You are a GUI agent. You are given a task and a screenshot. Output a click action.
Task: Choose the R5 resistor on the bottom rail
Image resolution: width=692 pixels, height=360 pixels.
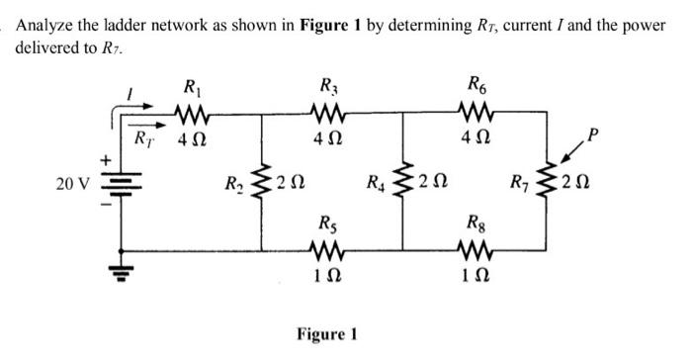pyautogui.click(x=327, y=247)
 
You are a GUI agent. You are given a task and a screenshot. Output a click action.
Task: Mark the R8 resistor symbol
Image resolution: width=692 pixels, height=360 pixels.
pyautogui.click(x=476, y=247)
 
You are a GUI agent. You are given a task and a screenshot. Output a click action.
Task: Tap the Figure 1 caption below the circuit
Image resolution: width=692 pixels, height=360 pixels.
pyautogui.click(x=326, y=334)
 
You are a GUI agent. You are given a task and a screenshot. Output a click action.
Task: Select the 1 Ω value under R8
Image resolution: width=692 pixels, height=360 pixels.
pyautogui.click(x=476, y=273)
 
